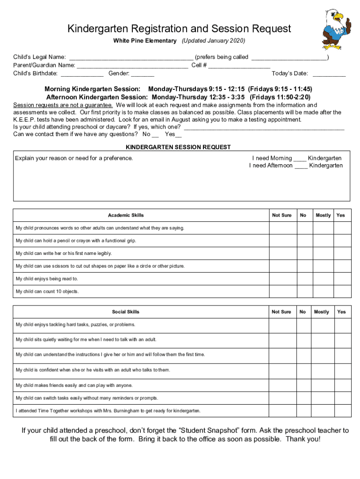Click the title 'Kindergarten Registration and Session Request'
[x=179, y=29]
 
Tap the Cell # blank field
[x=239, y=65]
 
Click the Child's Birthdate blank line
[x=82, y=73]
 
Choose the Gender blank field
[x=143, y=73]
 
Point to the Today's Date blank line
[x=329, y=73]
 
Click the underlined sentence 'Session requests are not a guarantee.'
[x=63, y=105]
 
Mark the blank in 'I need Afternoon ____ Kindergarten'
[x=301, y=166]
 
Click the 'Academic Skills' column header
[x=126, y=215]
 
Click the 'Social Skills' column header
[x=125, y=312]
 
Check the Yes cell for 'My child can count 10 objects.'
[x=342, y=291]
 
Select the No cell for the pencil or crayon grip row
[x=304, y=241]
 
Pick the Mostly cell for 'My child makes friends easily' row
[x=322, y=385]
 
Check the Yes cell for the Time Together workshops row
[x=342, y=411]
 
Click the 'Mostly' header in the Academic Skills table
[x=323, y=215]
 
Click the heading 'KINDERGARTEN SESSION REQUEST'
[x=178, y=147]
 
